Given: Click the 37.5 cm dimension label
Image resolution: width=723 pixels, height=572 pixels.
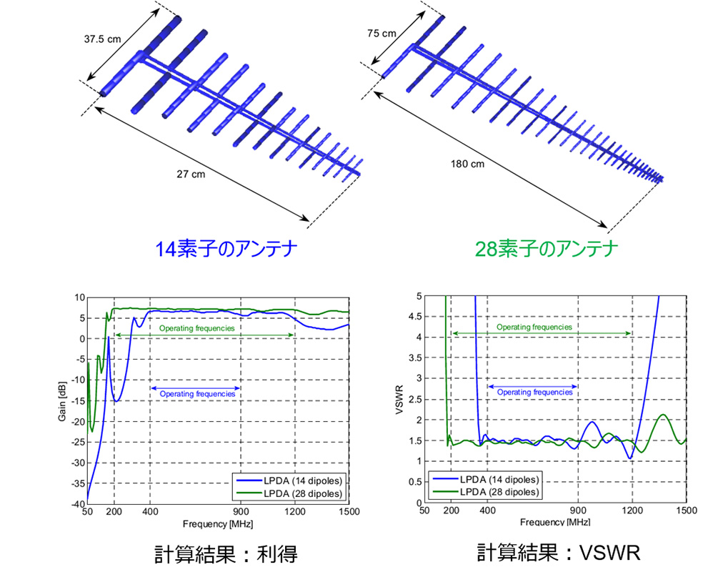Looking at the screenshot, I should pos(103,39).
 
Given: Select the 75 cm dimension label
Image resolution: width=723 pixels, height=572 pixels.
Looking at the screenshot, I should pos(382,33).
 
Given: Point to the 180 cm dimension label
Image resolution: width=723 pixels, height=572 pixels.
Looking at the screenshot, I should pos(469,164).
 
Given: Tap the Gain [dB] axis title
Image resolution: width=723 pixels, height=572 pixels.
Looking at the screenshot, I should pos(63,401).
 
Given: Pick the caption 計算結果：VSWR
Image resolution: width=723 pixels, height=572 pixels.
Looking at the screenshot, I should pos(559,552).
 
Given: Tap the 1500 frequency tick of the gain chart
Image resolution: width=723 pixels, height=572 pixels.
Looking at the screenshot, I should pos(349,513).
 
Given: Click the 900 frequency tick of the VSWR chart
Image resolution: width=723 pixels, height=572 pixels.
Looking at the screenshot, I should pos(577,512).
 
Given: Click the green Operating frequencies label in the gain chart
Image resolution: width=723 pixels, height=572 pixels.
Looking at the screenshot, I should pos(196,328).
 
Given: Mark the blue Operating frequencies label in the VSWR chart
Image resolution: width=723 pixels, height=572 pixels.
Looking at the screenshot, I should pos(534,392).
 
